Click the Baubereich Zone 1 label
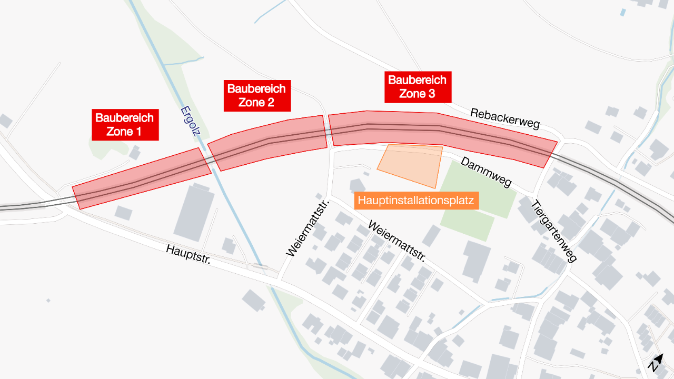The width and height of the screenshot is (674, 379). [x=125, y=125]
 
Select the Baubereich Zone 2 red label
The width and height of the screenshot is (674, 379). [x=257, y=96]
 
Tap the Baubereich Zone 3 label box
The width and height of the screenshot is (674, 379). [x=418, y=87]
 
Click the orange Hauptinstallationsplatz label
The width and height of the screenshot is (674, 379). [x=416, y=201]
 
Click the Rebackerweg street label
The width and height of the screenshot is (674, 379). [x=505, y=119]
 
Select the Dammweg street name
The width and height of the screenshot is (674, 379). [x=486, y=172]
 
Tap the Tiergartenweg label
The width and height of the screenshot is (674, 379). [x=554, y=231]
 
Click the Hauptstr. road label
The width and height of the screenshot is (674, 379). [x=188, y=256]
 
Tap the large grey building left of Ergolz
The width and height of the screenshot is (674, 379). [x=194, y=211]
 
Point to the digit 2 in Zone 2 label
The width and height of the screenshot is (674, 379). [x=270, y=103]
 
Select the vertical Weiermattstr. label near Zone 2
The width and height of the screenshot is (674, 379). [x=308, y=228]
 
